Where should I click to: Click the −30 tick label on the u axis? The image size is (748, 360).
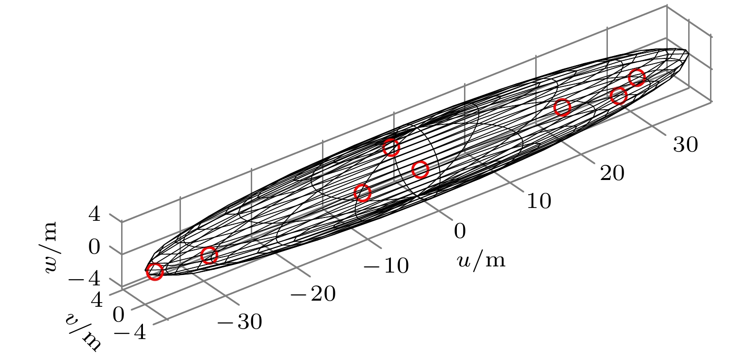pos(240,322)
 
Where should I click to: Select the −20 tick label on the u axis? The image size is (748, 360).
pos(313,294)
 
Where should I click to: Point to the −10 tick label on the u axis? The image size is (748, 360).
pos(386,265)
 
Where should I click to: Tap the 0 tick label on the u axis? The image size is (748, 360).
pos(460,231)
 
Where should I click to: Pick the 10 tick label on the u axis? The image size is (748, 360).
pos(539,201)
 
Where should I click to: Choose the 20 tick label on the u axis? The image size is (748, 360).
pos(612,173)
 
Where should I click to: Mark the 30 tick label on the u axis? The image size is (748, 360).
pos(685,144)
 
